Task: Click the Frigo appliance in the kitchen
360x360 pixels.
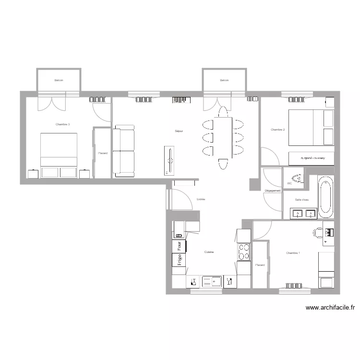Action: coord(179,260)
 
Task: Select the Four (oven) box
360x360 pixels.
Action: coord(179,246)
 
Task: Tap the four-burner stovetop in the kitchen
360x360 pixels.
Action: coord(244,252)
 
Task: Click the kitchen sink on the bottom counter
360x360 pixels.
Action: coord(211,281)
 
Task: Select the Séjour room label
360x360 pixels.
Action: coord(179,131)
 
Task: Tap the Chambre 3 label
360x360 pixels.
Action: coord(62,124)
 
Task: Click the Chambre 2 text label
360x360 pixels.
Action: coord(278,130)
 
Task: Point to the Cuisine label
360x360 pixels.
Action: coord(209,252)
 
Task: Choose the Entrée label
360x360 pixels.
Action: coord(201,199)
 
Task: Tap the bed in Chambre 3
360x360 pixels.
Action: coord(59,155)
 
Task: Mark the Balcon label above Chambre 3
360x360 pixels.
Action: coord(59,81)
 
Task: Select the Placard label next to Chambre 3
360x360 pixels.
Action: coord(102,154)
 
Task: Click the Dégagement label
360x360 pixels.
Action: coord(273,191)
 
